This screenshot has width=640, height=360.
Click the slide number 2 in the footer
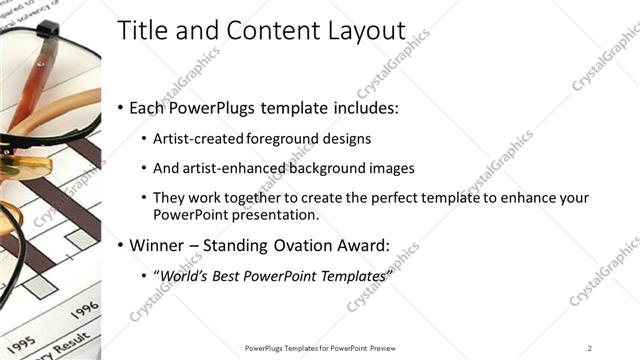point(590,347)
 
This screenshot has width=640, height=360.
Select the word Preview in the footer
point(382,347)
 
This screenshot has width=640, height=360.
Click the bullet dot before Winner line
point(121,244)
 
